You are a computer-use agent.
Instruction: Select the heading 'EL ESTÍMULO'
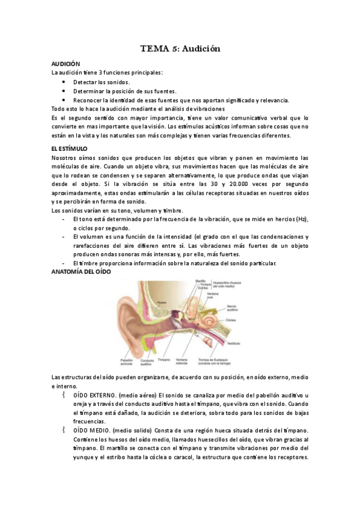click(70, 148)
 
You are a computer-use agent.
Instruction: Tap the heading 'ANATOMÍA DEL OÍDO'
click(81, 272)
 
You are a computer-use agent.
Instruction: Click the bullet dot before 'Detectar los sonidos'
click(64, 82)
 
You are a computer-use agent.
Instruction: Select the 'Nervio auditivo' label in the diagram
click(233, 307)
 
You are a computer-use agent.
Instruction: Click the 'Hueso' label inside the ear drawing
click(160, 301)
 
